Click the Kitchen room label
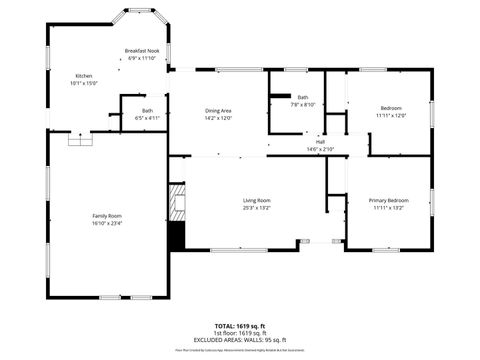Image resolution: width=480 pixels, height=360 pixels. point(84,76)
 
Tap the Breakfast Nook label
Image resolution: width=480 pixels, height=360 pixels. point(142,51)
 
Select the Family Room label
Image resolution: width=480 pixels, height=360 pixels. point(107,216)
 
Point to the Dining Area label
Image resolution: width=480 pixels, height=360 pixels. point(218,110)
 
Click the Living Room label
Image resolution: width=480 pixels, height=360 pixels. point(257,201)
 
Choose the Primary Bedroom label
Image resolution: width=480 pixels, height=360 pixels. point(389,201)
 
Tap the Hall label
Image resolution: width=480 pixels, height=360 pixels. point(321,142)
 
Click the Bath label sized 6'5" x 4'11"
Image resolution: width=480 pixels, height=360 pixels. point(147,110)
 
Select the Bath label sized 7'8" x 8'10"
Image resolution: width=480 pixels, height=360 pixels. point(302,97)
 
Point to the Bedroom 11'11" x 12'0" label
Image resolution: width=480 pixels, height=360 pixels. point(391,108)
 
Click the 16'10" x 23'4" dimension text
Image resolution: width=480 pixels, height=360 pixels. point(107,223)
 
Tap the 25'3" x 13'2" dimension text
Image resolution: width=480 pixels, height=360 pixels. point(257,208)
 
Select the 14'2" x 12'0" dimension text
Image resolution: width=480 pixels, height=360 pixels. point(218,117)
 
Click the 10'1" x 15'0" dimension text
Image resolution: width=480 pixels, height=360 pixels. point(84,83)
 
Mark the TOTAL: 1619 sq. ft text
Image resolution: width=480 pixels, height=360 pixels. point(240,326)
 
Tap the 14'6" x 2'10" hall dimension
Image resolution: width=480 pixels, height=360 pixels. point(321,149)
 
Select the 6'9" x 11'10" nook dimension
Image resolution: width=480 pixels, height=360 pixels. point(142,58)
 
